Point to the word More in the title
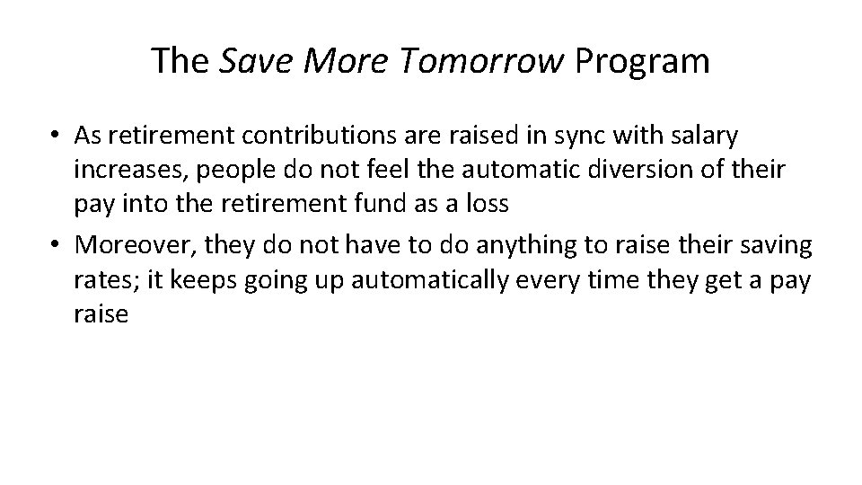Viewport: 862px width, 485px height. coord(339,61)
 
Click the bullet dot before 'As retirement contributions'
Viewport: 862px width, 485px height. coord(56,136)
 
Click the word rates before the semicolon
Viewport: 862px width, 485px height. coord(101,281)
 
